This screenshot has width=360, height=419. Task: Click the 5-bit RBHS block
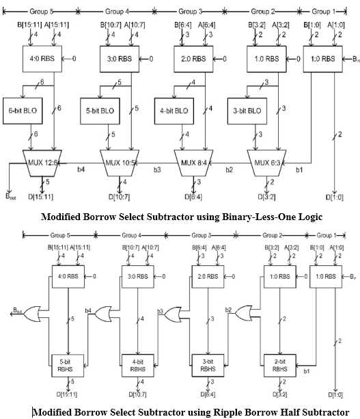point(67,364)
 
